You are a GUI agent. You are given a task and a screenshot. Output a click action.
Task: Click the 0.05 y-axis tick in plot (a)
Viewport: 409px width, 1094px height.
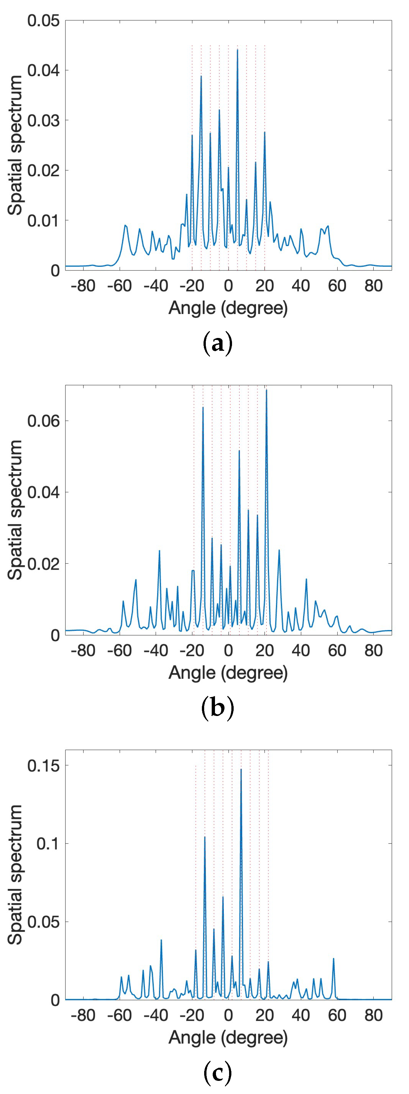43,20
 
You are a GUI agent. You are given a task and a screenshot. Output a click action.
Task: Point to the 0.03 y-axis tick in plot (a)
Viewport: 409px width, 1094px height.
43,120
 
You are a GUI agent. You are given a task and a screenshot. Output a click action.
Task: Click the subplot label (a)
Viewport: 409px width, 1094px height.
218,344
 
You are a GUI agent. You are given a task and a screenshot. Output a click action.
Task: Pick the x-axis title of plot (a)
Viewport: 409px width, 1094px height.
228,307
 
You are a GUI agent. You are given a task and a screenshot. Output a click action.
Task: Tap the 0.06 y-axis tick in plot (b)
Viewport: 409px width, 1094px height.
43,421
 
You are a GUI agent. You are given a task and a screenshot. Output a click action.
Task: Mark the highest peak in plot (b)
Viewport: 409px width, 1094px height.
266,390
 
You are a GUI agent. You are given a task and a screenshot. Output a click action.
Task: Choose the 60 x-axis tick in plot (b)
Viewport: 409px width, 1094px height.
337,650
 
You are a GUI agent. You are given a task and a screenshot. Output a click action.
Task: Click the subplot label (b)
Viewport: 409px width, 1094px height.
218,708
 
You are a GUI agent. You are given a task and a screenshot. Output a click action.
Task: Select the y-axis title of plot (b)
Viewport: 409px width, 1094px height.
15,510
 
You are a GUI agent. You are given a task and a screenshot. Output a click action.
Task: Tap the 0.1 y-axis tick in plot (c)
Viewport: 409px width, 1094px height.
48,843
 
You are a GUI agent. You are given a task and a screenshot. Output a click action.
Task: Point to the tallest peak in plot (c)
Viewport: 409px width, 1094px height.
241,769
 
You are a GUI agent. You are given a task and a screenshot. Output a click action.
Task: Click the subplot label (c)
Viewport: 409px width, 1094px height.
218,1073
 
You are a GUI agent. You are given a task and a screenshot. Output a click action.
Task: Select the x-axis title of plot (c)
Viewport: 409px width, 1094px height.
228,1037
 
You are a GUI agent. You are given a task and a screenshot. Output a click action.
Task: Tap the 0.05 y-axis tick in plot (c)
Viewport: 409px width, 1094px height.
43,922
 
